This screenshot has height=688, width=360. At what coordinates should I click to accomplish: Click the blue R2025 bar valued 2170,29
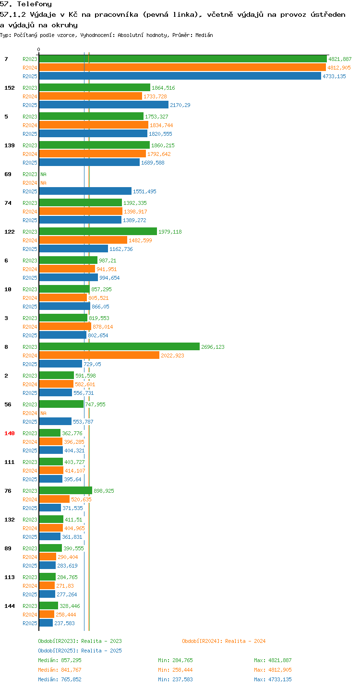[104, 105]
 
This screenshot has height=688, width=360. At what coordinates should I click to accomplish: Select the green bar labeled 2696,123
[120, 346]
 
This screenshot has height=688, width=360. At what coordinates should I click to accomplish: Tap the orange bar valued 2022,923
[99, 355]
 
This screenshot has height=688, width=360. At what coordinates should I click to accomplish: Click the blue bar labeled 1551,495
[85, 191]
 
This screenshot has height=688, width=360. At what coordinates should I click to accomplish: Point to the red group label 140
[10, 433]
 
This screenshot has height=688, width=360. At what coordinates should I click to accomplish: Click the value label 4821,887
[340, 59]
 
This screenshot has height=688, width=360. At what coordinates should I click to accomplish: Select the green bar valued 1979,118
[98, 231]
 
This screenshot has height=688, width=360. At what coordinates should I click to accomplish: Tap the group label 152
[10, 87]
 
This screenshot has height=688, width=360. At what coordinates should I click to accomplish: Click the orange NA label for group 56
[43, 413]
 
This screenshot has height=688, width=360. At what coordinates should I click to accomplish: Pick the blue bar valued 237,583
[46, 623]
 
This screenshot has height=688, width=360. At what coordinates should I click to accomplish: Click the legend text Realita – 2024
[245, 641]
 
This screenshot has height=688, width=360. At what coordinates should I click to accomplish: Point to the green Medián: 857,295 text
[60, 660]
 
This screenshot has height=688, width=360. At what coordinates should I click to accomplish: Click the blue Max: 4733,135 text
[273, 679]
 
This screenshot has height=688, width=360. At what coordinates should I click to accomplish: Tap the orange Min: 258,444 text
[175, 670]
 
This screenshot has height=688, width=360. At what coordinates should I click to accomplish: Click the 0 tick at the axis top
[38, 49]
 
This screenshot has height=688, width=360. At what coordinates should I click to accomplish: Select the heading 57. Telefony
[26, 4]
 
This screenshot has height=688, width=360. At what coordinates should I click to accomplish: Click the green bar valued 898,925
[66, 490]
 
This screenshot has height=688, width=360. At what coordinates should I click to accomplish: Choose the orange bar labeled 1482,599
[83, 240]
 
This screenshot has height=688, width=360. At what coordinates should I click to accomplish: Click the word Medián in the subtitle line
[204, 35]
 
